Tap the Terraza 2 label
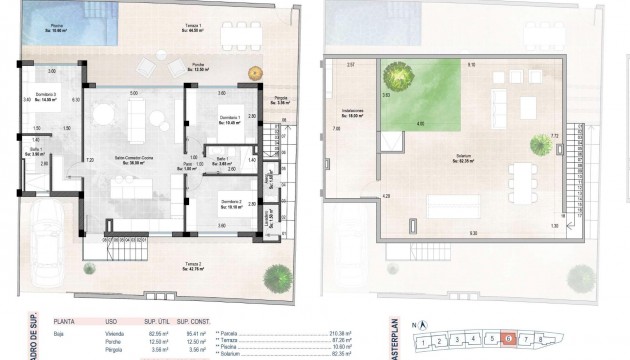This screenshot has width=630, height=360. [193, 266]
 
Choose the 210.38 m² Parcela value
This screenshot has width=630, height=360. [343, 332]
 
